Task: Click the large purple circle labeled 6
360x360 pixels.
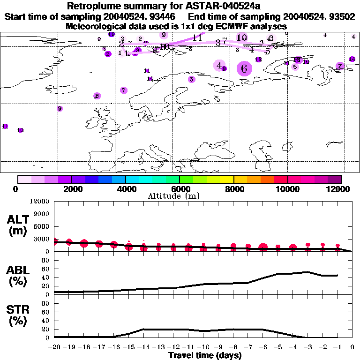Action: (244, 68)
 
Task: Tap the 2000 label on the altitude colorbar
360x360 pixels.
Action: (71, 189)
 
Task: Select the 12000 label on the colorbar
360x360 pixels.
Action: (341, 189)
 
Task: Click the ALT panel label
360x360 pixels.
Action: (17, 225)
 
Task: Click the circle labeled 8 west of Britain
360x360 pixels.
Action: (97, 96)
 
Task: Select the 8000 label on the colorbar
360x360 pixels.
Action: (233, 189)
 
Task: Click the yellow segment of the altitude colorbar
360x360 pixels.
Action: (227, 179)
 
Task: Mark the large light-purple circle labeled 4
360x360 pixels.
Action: (219, 65)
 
